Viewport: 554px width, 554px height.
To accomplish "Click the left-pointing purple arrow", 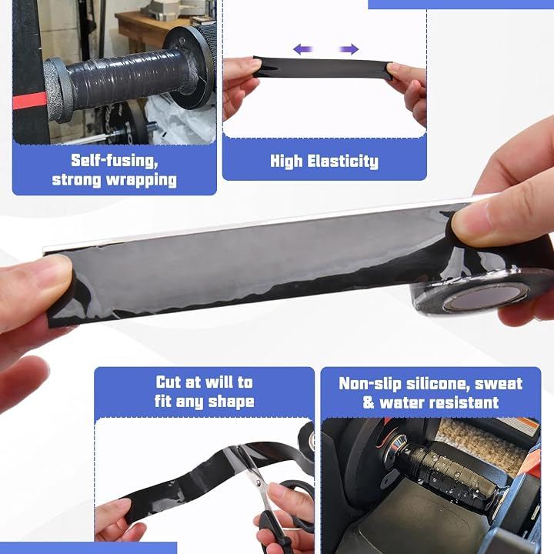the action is tap(303, 48).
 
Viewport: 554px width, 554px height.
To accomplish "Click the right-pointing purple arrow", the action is tap(349, 48).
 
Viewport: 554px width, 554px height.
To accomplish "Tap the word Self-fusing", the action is tap(115, 161).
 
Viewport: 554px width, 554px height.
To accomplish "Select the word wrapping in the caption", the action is tap(142, 181).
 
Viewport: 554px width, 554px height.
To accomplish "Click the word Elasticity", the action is tap(342, 162).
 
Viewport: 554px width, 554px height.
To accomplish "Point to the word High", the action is tap(286, 162).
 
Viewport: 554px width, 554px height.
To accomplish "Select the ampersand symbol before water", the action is tap(369, 402).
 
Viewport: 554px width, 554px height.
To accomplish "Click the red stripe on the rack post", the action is tap(30, 101).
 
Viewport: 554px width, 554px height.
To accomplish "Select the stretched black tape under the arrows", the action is tap(323, 67).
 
